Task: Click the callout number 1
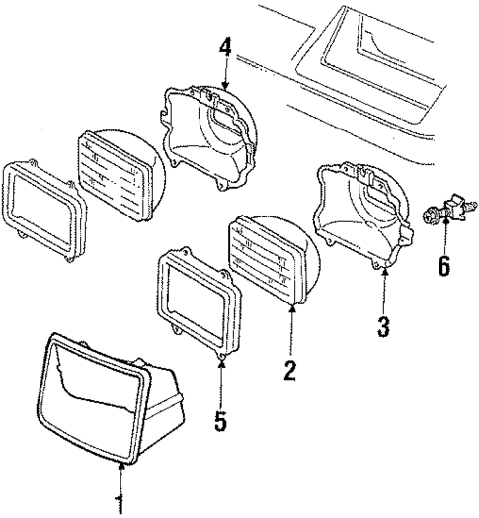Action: tap(120, 504)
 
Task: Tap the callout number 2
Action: tap(289, 371)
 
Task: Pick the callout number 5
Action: tap(220, 422)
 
